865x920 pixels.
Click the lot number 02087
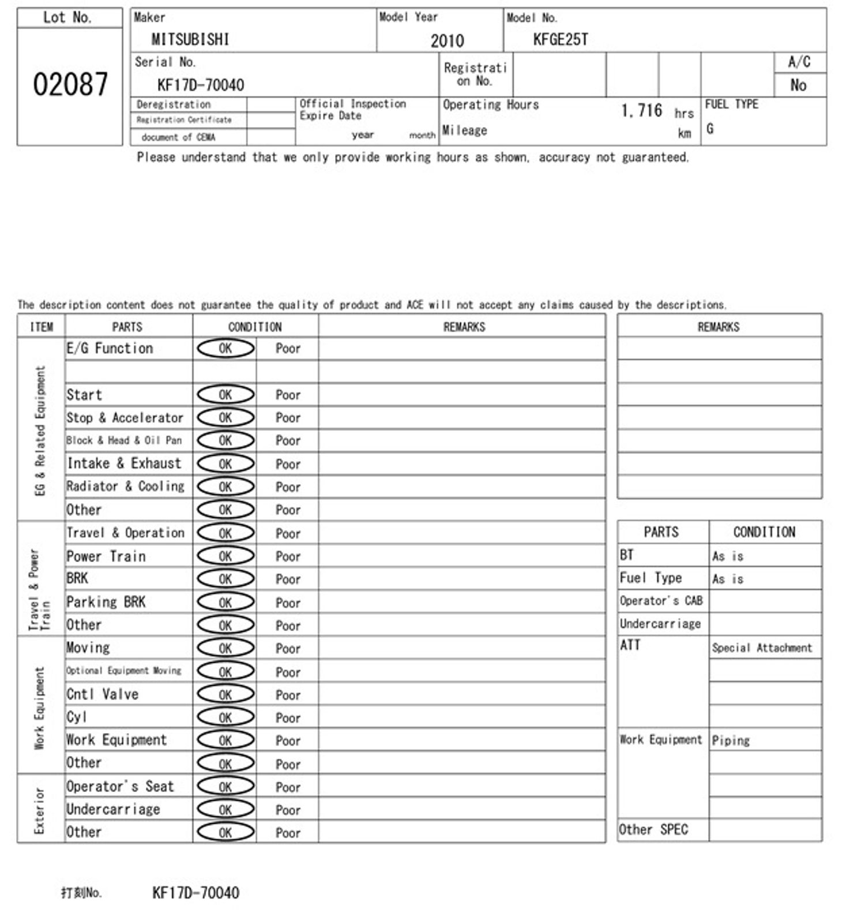(70, 84)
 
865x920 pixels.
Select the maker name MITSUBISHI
(190, 39)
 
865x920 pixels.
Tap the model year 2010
(447, 41)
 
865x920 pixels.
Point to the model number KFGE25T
(560, 39)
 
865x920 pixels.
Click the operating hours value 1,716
(641, 110)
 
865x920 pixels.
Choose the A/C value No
(798, 85)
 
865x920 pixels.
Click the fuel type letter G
(710, 129)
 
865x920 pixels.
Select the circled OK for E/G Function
(225, 349)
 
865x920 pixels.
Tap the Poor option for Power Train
(288, 557)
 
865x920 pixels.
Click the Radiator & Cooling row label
(125, 487)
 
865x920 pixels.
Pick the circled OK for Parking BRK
(225, 603)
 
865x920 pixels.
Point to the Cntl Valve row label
(102, 694)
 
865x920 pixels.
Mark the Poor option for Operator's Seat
(288, 788)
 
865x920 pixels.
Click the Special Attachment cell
(761, 648)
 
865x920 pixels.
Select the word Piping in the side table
(730, 741)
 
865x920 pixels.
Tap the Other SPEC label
(653, 830)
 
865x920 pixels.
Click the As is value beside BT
(727, 556)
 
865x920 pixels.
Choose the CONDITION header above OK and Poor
(255, 327)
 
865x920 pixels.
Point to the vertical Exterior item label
(39, 810)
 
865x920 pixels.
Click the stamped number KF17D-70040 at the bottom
(195, 893)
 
